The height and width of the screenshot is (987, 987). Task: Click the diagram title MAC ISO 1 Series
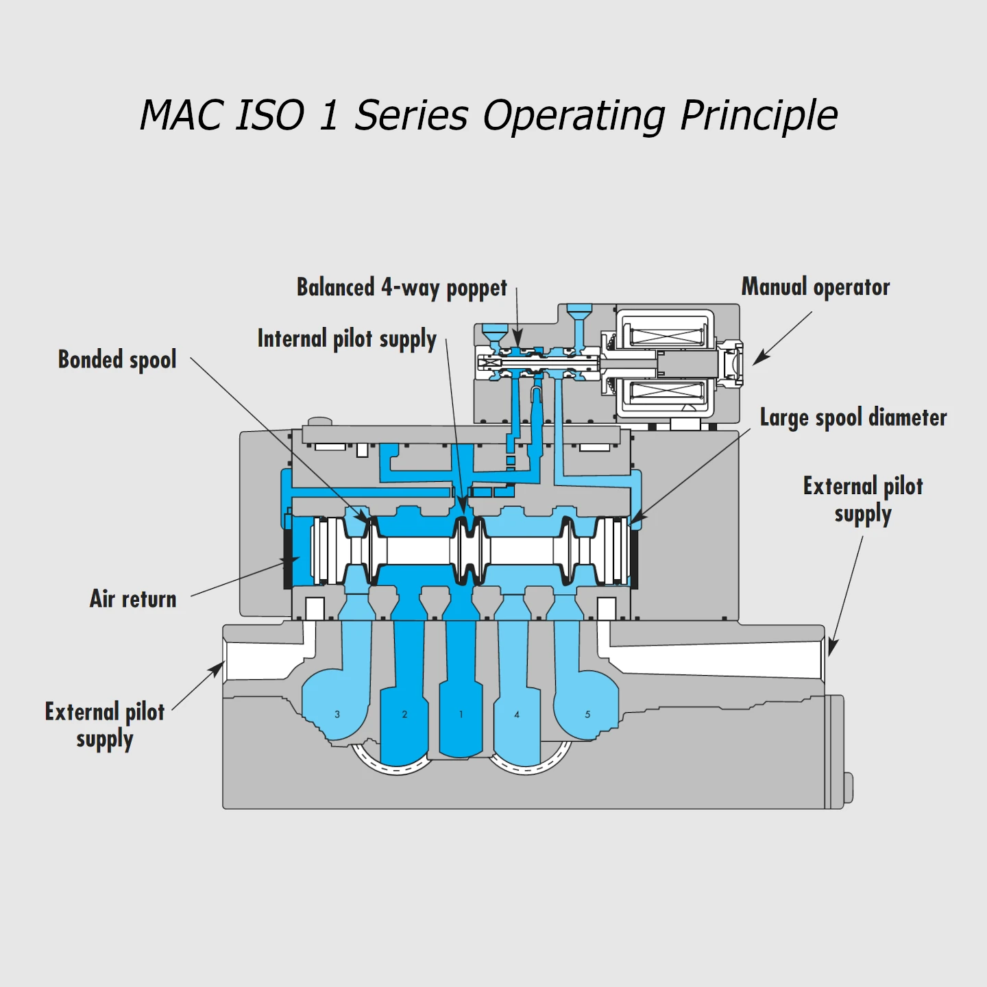(x=488, y=114)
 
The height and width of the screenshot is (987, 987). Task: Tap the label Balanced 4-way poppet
(x=402, y=288)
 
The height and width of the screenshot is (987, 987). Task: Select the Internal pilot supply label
(x=347, y=339)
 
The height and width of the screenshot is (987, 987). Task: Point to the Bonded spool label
(x=117, y=360)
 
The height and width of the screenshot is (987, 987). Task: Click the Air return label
(x=133, y=599)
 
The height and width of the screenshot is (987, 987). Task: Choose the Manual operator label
(x=816, y=287)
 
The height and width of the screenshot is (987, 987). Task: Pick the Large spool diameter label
(x=853, y=417)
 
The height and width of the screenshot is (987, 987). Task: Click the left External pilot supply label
(x=105, y=725)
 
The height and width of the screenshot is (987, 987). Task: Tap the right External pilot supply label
(x=863, y=500)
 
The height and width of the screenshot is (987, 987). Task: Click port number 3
(x=337, y=714)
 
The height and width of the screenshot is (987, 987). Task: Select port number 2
(x=404, y=714)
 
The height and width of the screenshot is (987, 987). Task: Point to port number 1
(x=461, y=714)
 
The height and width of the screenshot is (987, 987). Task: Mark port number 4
(x=517, y=714)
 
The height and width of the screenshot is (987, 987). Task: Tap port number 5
(x=587, y=714)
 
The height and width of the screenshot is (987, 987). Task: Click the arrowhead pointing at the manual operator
(x=759, y=358)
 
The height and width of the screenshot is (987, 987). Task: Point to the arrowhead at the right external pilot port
(x=832, y=647)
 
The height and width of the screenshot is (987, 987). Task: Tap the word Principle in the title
(x=759, y=114)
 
